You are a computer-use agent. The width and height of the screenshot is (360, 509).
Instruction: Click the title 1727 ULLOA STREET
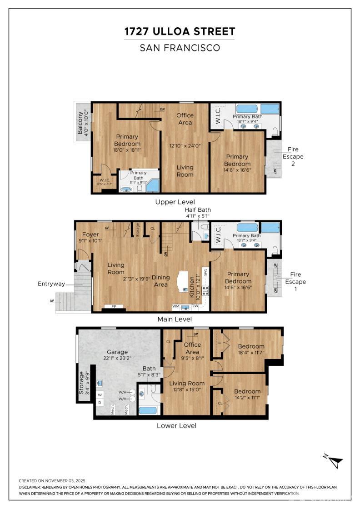pos(180,31)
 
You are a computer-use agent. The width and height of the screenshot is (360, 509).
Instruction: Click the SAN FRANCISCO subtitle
pos(180,47)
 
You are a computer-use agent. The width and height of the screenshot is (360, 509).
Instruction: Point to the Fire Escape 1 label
pos(298,278)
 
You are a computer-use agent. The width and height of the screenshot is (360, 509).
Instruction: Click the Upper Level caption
pos(175,202)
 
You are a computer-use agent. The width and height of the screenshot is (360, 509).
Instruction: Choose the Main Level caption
pos(175,319)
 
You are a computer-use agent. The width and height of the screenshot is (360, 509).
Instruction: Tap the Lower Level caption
pos(176,426)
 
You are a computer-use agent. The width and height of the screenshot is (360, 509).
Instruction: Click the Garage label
pos(117,352)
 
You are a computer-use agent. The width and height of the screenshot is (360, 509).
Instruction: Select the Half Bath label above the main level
pos(197,210)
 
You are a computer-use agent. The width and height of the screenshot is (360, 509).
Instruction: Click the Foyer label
pos(90,235)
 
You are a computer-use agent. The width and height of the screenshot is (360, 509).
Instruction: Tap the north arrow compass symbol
pos(335,462)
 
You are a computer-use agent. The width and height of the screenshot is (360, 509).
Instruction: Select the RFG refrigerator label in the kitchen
pos(206,273)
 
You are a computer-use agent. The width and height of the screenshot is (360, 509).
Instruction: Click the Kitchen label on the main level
pos(192,286)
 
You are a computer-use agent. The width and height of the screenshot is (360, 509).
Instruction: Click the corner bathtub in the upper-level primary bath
pos(152,185)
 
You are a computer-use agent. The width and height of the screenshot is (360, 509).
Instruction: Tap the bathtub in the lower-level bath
pos(147,410)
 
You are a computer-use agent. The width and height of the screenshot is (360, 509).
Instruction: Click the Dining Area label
pos(160,281)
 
